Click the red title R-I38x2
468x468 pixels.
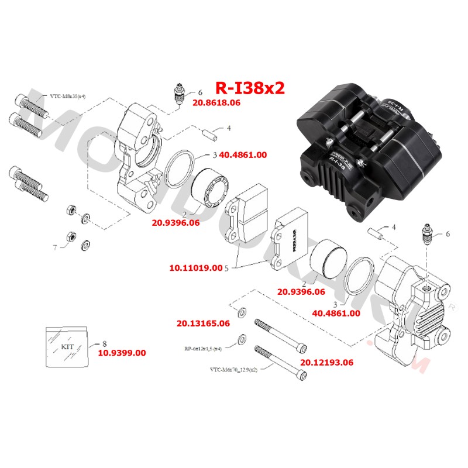pos(250,88)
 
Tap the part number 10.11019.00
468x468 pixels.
pos(195,268)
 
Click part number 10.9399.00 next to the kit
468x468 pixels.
pos(122,353)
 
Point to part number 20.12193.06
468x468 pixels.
pos(327,362)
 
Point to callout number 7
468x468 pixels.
pos(55,247)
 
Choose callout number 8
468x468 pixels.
pos(104,343)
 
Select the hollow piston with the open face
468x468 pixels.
pos(208,187)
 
